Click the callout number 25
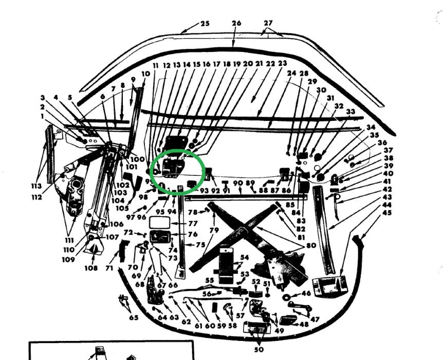(x=205, y=24)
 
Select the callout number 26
(x=236, y=23)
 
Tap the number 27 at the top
(x=268, y=23)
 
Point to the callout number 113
(x=35, y=186)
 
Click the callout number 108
(x=91, y=268)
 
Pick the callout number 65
(x=134, y=317)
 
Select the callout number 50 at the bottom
(x=259, y=349)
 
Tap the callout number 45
(x=386, y=213)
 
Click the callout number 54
(x=244, y=257)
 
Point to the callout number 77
(x=193, y=224)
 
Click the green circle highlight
(x=177, y=172)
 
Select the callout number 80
(x=311, y=245)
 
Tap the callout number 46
(x=306, y=294)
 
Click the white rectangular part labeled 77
(x=159, y=223)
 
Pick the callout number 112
(x=35, y=197)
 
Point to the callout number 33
(x=350, y=112)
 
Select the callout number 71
(x=109, y=268)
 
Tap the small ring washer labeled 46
(x=287, y=297)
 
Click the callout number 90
(x=237, y=183)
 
